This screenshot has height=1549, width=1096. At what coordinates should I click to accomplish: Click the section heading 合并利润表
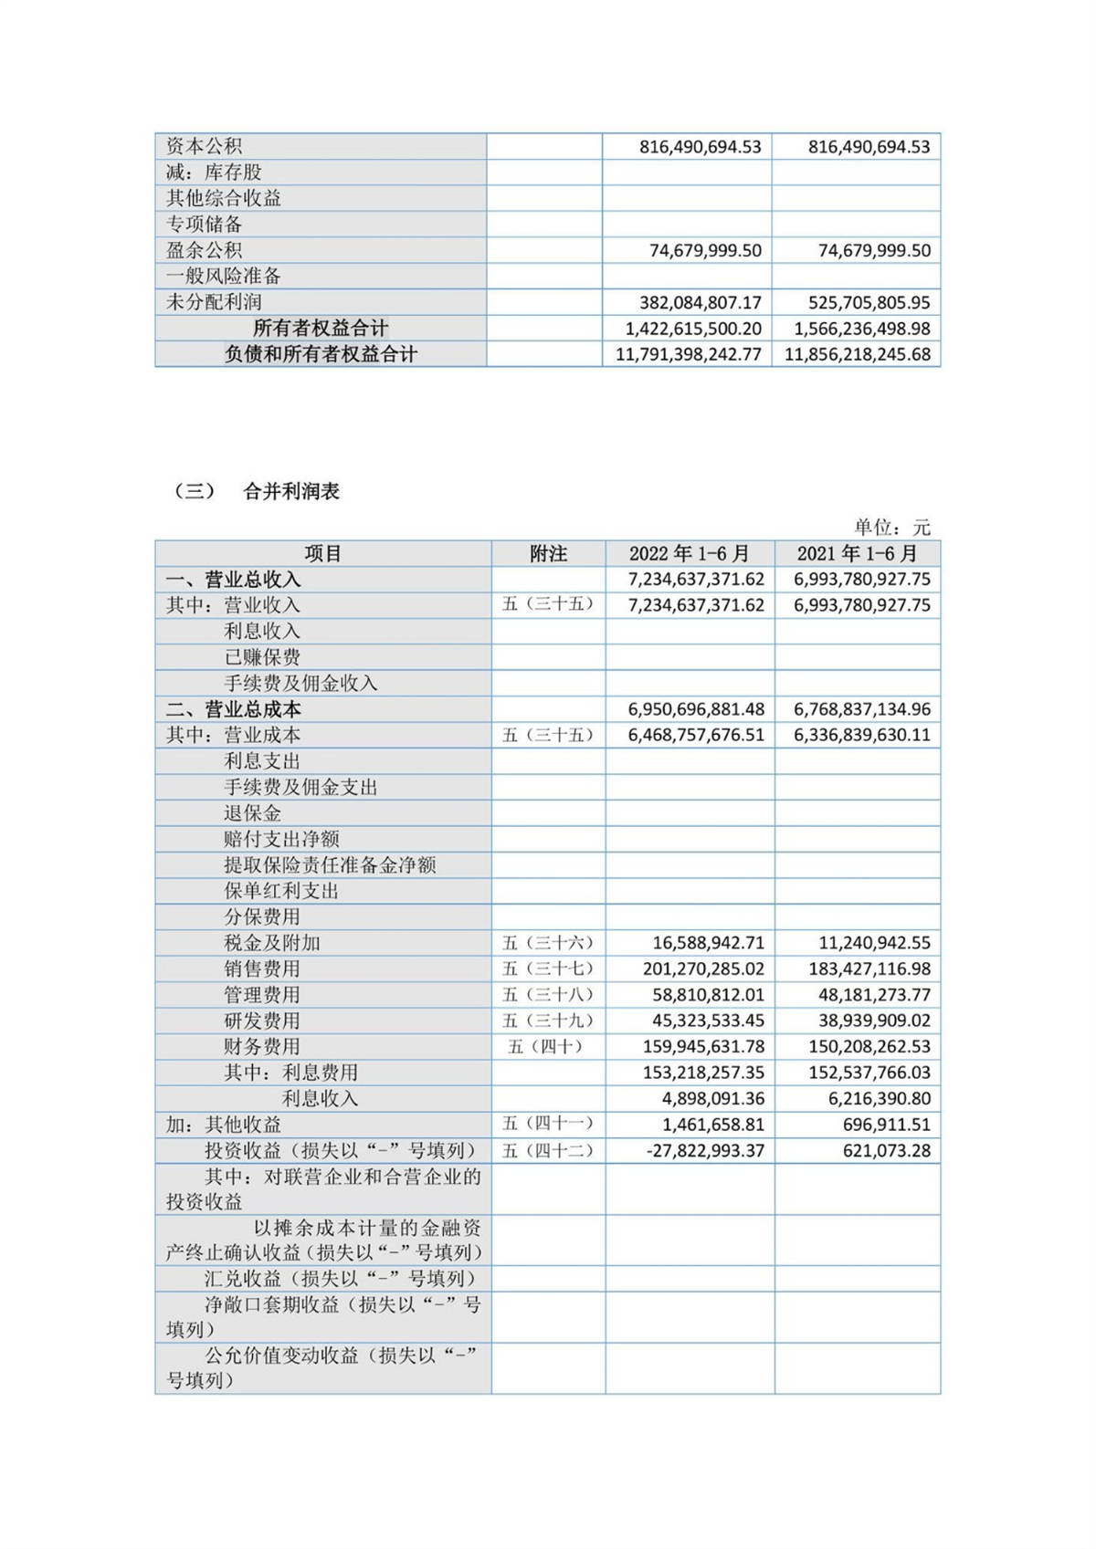(x=291, y=491)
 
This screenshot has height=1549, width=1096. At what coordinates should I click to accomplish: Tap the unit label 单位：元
(x=891, y=527)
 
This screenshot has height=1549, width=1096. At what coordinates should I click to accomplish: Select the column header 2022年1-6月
(x=689, y=553)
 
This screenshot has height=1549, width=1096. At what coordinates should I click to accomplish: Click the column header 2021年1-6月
(x=857, y=553)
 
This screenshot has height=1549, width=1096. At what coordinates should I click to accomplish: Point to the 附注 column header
(x=548, y=553)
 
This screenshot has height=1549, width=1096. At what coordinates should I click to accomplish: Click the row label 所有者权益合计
(x=320, y=328)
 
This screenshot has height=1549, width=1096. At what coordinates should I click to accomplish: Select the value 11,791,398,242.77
(x=688, y=354)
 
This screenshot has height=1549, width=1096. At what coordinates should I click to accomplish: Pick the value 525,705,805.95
(x=869, y=302)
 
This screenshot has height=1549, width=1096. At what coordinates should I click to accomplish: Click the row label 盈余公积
(x=204, y=250)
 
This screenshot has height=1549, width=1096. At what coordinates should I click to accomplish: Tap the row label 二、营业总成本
(x=233, y=709)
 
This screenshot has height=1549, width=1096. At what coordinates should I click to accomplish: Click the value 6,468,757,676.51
(x=696, y=735)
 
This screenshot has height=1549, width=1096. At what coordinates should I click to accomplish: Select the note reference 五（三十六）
(x=548, y=943)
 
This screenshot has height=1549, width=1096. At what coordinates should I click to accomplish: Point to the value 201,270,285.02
(x=703, y=968)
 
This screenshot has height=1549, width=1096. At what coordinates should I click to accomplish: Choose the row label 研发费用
(x=262, y=1020)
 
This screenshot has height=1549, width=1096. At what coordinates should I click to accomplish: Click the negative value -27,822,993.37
(x=705, y=1150)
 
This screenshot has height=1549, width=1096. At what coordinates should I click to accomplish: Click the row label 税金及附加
(x=272, y=943)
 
